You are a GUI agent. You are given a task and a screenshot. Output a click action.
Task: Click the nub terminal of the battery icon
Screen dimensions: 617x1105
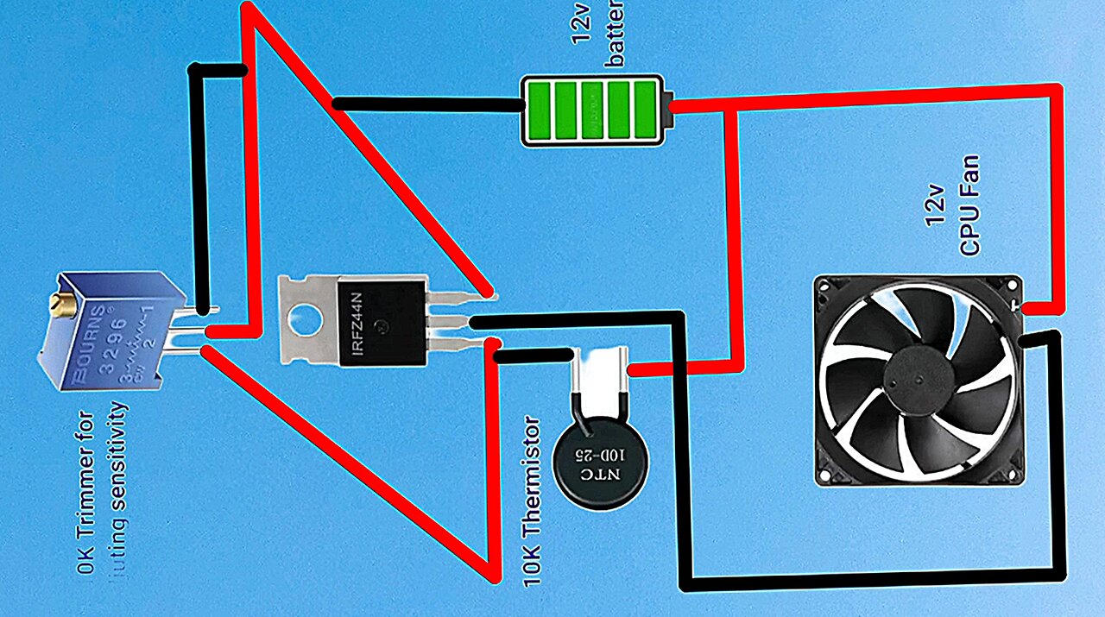coord(667,109)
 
